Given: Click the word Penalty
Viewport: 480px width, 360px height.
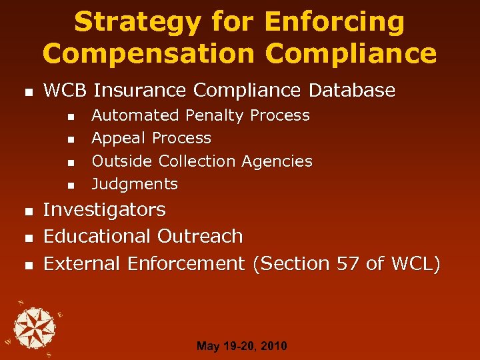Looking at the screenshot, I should [x=215, y=115].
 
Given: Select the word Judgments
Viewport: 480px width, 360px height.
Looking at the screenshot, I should [x=135, y=184].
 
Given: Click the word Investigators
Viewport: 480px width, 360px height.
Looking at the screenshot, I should [x=104, y=210].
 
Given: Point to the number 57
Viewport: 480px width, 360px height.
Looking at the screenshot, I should [x=347, y=264].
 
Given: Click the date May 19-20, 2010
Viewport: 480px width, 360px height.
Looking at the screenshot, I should [x=242, y=346].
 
